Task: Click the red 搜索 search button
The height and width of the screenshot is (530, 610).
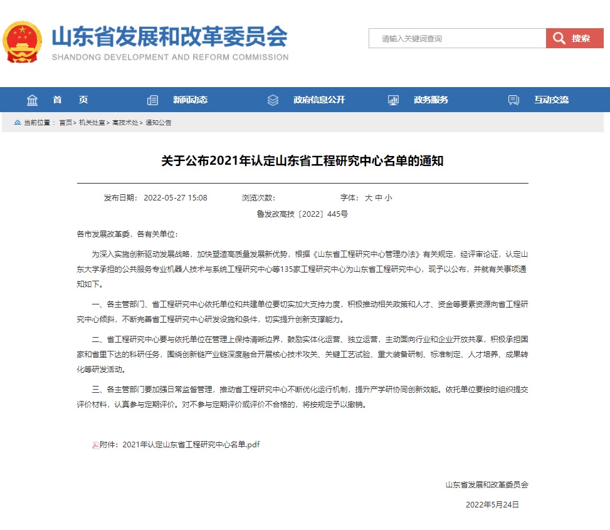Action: pos(574,38)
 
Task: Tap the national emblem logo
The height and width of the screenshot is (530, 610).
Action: pos(23,43)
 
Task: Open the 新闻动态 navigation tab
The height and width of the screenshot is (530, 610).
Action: pos(190,100)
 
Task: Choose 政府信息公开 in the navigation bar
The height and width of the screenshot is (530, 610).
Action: pos(318,100)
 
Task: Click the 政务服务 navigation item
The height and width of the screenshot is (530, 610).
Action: pos(431,100)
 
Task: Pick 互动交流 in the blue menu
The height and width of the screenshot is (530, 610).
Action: pos(551,100)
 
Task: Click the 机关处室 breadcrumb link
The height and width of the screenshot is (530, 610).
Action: pos(92,123)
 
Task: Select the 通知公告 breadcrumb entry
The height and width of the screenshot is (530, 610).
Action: pos(159,123)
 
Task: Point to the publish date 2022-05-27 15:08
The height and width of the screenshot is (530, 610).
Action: pos(176,198)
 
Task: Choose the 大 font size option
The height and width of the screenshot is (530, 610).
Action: pos(369,198)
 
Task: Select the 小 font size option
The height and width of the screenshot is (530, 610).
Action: pos(389,198)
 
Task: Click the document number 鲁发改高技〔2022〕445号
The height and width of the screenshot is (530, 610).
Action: pos(302,214)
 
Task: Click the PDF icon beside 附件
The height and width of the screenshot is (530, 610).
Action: pos(95,445)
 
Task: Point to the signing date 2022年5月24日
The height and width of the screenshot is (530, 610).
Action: pos(492,504)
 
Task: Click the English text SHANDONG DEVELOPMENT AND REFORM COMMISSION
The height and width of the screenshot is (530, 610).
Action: pos(170,57)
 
